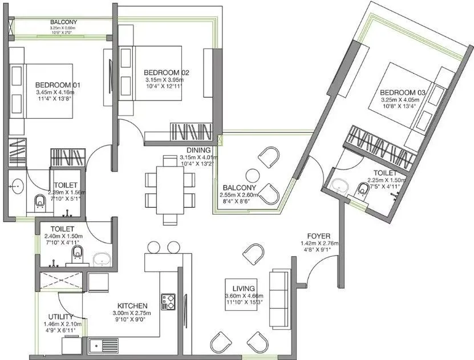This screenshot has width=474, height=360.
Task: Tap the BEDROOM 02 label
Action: pyautogui.click(x=166, y=72)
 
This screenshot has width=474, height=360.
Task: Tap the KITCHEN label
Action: pyautogui.click(x=133, y=306)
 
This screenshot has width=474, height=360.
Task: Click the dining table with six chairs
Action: pyautogui.click(x=169, y=187)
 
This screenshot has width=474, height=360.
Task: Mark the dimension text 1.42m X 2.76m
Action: pyautogui.click(x=319, y=242)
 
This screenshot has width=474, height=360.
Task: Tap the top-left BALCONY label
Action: pyautogui.click(x=63, y=22)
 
